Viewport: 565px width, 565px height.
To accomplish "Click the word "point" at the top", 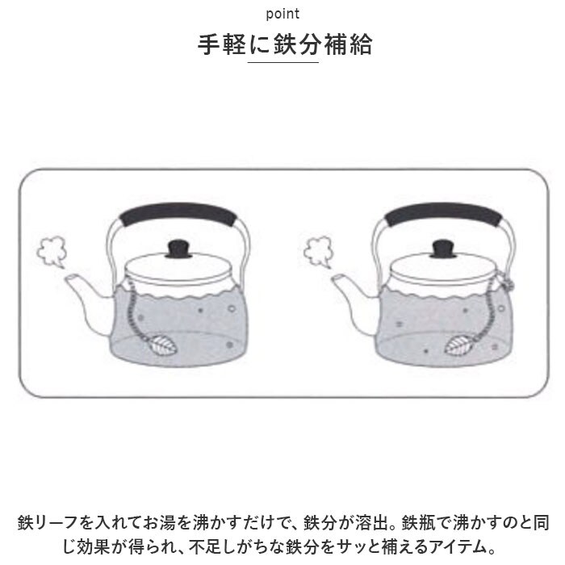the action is coord(282,14).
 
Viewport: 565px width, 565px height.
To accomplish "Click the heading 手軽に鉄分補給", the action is coord(285,44).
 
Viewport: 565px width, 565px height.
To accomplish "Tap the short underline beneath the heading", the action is coord(282,62).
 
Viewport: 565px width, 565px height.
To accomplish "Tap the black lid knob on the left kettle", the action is coord(178,249).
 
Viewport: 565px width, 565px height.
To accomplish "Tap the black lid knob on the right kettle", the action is coord(444,249).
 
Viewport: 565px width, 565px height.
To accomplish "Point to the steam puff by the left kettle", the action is coord(52,252).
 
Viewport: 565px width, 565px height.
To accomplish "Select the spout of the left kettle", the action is coord(87,301).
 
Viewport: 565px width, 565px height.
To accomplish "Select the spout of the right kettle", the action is coord(354,301).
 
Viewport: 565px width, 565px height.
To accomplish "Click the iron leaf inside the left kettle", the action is coord(164,345).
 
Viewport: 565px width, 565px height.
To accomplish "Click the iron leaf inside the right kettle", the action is coord(458,345).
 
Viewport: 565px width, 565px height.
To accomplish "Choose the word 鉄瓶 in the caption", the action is coord(417,523).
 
